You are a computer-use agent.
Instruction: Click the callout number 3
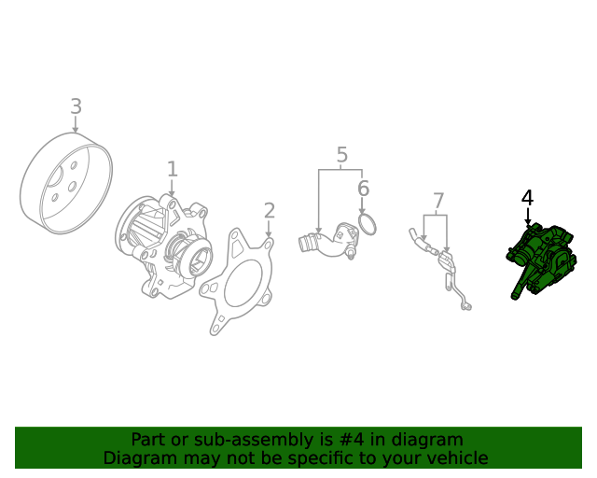pos(76,106)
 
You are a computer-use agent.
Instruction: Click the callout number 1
pos(172,169)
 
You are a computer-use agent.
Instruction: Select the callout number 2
pos(269,211)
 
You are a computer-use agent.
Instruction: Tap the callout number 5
pos(341,155)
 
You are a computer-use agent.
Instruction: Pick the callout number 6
pos(363,190)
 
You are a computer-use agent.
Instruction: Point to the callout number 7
pos(438,201)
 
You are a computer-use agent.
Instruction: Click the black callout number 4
pos(527,198)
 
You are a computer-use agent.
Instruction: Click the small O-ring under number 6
pos(368,224)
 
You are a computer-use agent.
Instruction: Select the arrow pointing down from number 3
pos(76,125)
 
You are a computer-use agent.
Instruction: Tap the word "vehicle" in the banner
pos(456,458)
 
